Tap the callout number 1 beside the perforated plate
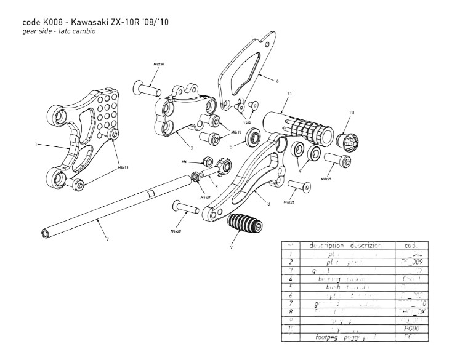click(x=36, y=144)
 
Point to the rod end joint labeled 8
click(x=224, y=164)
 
